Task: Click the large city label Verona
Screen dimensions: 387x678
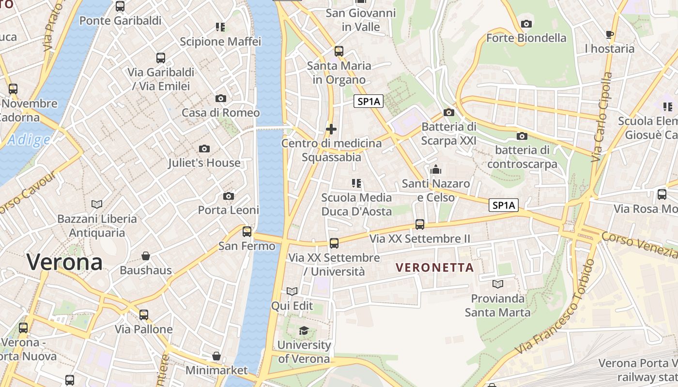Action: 64,262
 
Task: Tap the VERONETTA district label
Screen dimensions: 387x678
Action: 434,268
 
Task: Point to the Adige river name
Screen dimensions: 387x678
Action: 29,140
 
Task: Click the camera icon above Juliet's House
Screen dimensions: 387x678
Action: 204,149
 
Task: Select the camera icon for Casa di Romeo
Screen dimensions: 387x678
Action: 220,99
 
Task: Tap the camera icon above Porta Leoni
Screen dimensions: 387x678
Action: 229,196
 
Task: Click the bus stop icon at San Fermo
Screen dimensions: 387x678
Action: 247,232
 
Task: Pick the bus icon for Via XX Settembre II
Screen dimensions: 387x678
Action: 420,224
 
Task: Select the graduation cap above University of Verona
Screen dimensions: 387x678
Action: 304,330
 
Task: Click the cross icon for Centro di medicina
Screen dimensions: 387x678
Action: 331,129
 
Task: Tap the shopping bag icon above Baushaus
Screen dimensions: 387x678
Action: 146,255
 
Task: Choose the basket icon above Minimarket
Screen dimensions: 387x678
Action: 216,356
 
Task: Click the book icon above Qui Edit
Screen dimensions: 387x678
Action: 292,291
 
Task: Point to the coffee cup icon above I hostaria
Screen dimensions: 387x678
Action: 609,34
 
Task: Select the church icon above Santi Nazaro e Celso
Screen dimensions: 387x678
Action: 436,169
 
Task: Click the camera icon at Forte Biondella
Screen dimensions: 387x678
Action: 526,24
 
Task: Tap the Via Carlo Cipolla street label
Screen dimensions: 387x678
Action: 603,117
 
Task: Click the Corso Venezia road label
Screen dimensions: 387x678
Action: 639,245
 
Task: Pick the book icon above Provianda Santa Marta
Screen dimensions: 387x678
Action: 497,284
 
